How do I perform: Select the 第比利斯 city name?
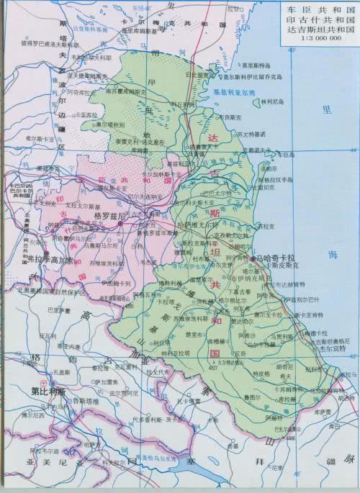pos(48,392)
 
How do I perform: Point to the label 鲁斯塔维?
pos(73,402)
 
